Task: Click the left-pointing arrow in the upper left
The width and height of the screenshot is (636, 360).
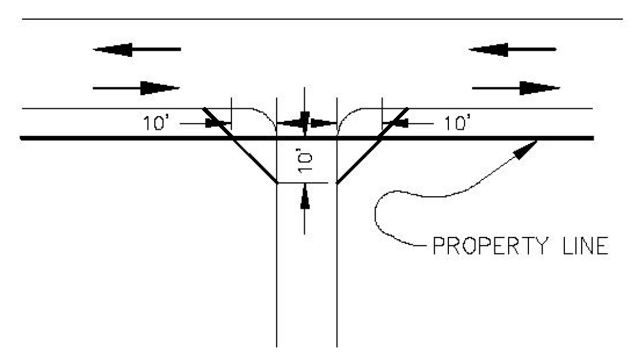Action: coord(137,50)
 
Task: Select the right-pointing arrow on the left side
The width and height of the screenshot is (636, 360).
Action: coord(137,89)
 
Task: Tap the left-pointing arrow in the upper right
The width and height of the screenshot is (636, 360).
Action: coord(513,50)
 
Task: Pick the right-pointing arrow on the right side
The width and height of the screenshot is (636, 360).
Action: coord(516,89)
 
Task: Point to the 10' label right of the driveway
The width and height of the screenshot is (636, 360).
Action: coord(457,123)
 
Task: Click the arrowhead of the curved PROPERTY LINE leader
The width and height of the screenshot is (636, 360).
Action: coord(527,150)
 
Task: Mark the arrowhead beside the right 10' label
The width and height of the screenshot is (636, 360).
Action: coord(393,123)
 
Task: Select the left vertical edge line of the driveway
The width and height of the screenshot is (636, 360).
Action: coord(277,269)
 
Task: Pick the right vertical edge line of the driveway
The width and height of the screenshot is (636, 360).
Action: coord(337,269)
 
